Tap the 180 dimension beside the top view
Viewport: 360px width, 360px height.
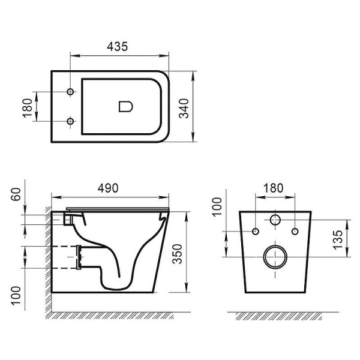[x=27, y=107]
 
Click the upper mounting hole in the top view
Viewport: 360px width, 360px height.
[x=71, y=92]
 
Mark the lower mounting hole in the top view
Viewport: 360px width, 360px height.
[x=71, y=122]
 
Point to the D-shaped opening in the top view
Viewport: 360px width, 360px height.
[x=125, y=107]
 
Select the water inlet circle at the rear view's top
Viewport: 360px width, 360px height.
[x=275, y=219]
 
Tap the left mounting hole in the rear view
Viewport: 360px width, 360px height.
[x=256, y=231]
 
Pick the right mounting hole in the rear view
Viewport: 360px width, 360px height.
[x=295, y=231]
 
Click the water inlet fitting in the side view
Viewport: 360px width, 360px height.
[x=68, y=220]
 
